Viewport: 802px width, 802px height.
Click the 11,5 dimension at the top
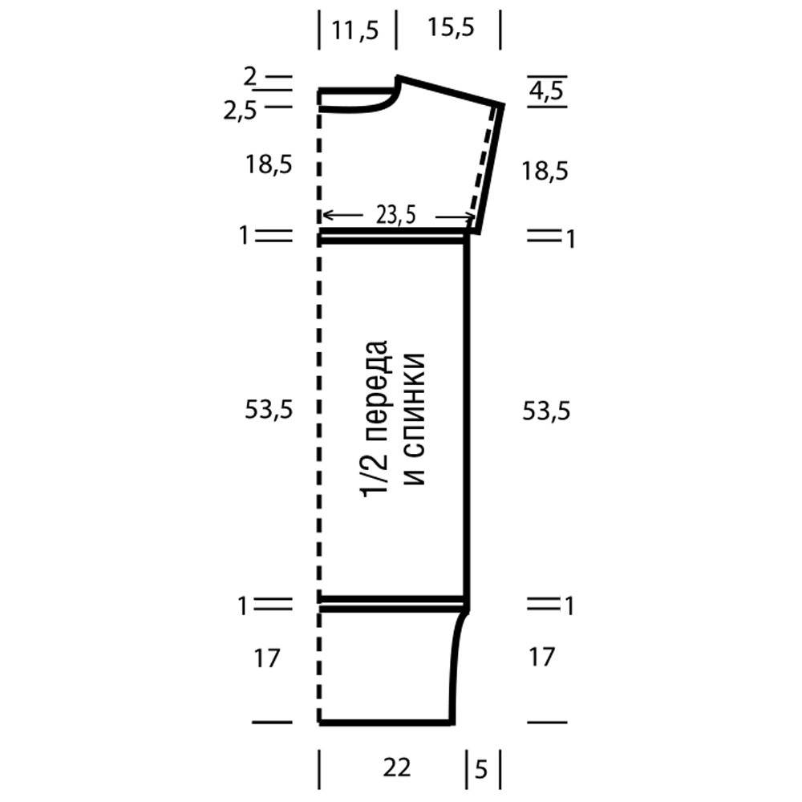[x=355, y=30]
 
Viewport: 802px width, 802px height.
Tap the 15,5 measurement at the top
[x=451, y=27]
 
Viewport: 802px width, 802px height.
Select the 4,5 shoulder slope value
[x=546, y=91]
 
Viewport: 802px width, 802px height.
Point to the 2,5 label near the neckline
[x=240, y=111]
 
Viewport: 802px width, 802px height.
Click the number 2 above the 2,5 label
[x=249, y=77]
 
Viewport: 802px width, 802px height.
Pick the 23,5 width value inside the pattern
[x=396, y=215]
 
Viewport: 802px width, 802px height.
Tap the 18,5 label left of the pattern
[x=269, y=164]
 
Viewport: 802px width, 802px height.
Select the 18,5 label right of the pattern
[x=545, y=170]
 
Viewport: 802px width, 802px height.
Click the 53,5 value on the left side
[x=269, y=410]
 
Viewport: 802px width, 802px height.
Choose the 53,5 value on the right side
[x=546, y=411]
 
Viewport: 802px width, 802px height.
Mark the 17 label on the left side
[x=267, y=658]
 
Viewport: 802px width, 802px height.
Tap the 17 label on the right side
[x=542, y=657]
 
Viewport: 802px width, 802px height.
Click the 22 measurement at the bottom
[x=396, y=768]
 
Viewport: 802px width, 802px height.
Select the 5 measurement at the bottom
[x=480, y=769]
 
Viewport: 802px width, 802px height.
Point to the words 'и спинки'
[x=415, y=419]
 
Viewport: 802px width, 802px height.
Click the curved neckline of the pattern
[x=379, y=107]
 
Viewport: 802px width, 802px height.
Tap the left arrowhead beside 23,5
[x=327, y=214]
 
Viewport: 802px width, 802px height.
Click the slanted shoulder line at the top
[x=450, y=91]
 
